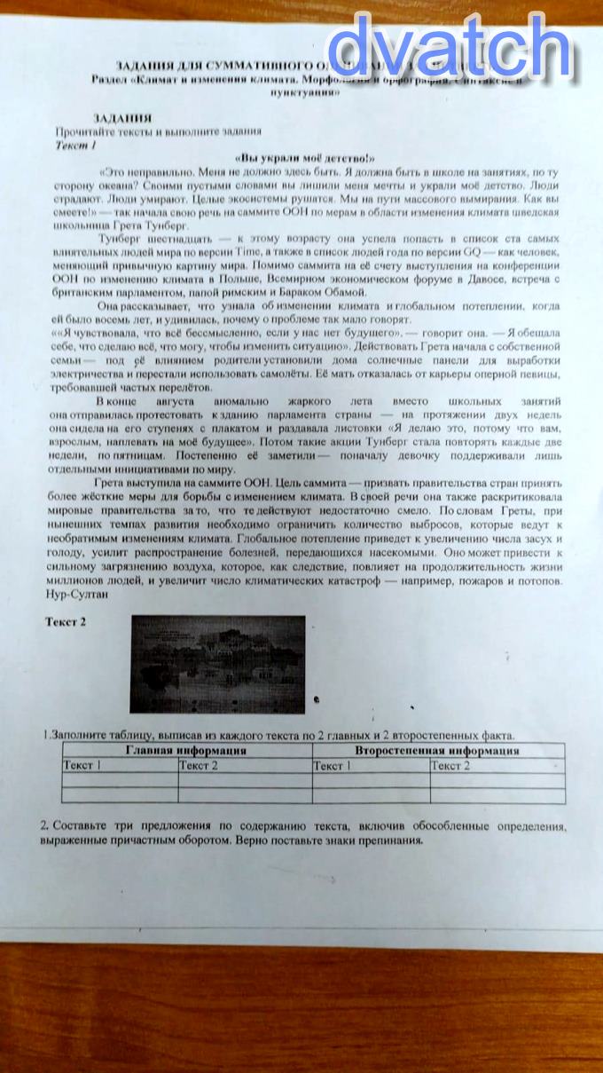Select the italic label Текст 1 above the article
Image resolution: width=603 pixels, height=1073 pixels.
tap(75, 143)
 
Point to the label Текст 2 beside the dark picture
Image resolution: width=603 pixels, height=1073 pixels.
tap(66, 622)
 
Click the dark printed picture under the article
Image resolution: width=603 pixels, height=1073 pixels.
tap(217, 664)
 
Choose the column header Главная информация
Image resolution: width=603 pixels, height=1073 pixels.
tap(185, 751)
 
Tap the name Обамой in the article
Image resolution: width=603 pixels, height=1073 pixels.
tap(339, 291)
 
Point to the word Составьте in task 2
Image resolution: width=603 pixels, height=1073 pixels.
tap(79, 825)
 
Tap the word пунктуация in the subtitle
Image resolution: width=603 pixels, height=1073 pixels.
tap(306, 91)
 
